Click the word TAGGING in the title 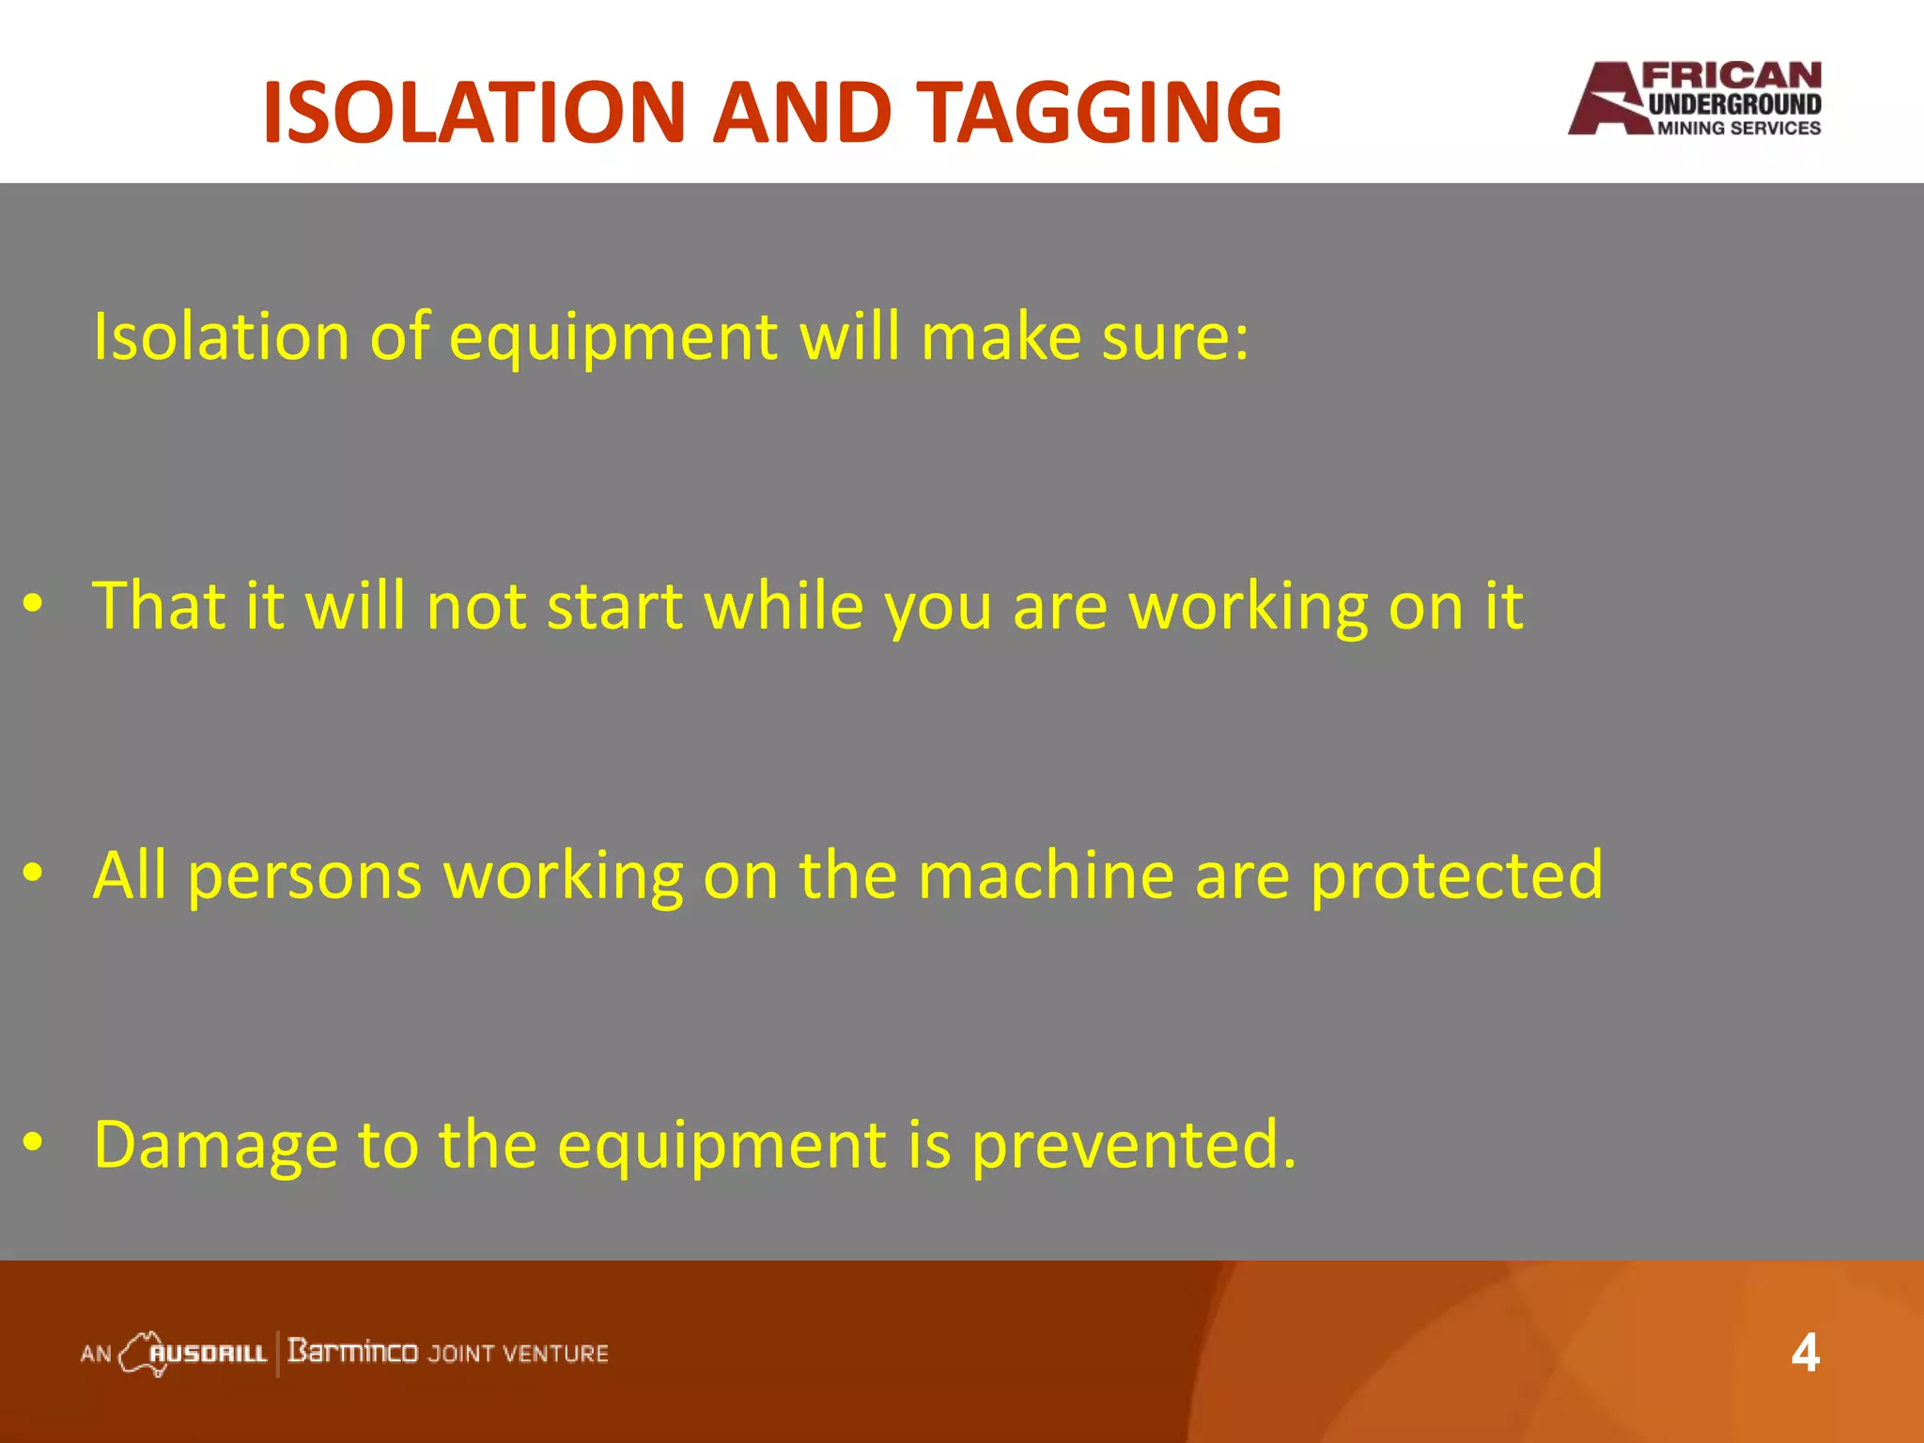pyautogui.click(x=1098, y=113)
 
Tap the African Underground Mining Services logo pyautogui.click(x=1695, y=100)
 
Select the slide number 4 pyautogui.click(x=1805, y=1354)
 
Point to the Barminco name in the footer pyautogui.click(x=352, y=1352)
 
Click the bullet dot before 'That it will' pyautogui.click(x=34, y=604)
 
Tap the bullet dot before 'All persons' pyautogui.click(x=34, y=874)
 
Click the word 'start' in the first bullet pyautogui.click(x=614, y=606)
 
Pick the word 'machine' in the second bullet pyautogui.click(x=1046, y=876)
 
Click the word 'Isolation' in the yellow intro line pyautogui.click(x=222, y=336)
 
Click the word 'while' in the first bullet pyautogui.click(x=784, y=606)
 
